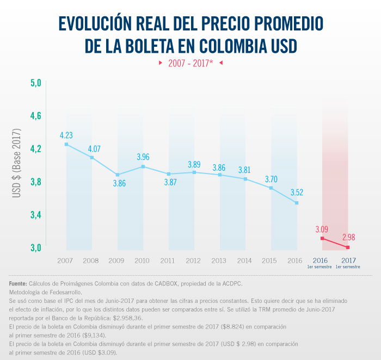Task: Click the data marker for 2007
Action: coord(66,144)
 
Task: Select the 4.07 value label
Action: coord(91,148)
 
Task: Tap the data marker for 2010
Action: coord(143,166)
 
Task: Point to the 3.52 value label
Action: coord(297,192)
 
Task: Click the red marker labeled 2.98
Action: coord(348,247)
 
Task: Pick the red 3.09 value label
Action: coord(323,228)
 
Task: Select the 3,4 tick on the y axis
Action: coord(35,215)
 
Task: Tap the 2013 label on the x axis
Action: coord(219,261)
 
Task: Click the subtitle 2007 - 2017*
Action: coord(190,63)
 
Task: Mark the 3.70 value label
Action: coord(271,179)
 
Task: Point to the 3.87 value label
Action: coord(168,182)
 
